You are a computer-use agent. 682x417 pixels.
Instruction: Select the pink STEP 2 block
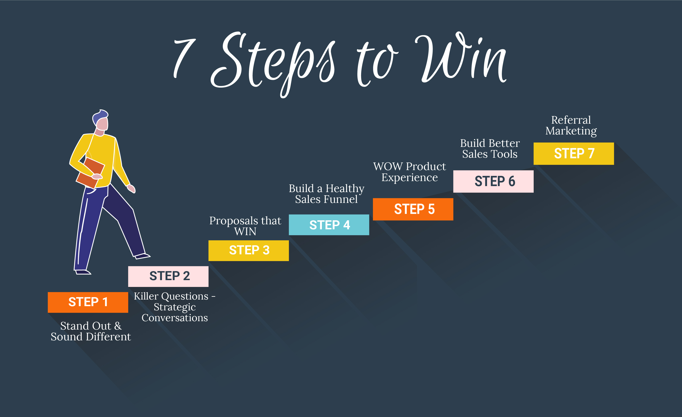(x=168, y=276)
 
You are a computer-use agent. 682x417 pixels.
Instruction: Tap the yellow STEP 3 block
(x=249, y=251)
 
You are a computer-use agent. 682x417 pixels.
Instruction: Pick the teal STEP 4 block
(x=329, y=225)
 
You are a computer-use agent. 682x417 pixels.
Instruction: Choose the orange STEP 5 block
(x=413, y=209)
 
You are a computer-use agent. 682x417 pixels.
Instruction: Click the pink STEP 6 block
(x=493, y=181)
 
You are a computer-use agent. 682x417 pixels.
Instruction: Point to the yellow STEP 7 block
(x=574, y=153)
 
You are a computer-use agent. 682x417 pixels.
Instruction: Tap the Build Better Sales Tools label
(x=490, y=149)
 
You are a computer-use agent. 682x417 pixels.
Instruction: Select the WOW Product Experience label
(x=409, y=172)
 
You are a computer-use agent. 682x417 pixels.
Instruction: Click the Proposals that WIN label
(x=245, y=226)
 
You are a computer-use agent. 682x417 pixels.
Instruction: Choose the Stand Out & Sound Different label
(x=91, y=331)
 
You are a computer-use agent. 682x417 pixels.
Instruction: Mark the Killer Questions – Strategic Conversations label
(x=174, y=307)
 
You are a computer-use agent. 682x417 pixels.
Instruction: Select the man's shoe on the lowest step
(x=83, y=272)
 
